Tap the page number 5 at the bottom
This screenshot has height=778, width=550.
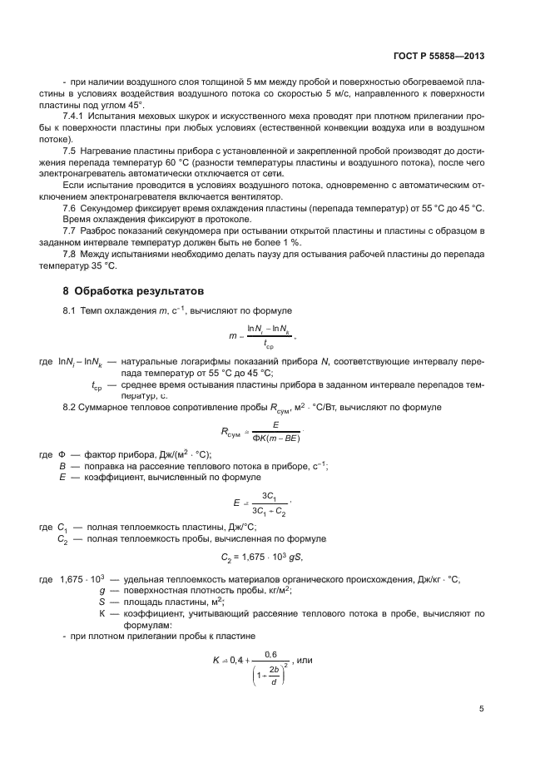point(482,709)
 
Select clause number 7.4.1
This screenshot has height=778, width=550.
point(76,116)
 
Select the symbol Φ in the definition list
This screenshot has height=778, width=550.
point(61,454)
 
